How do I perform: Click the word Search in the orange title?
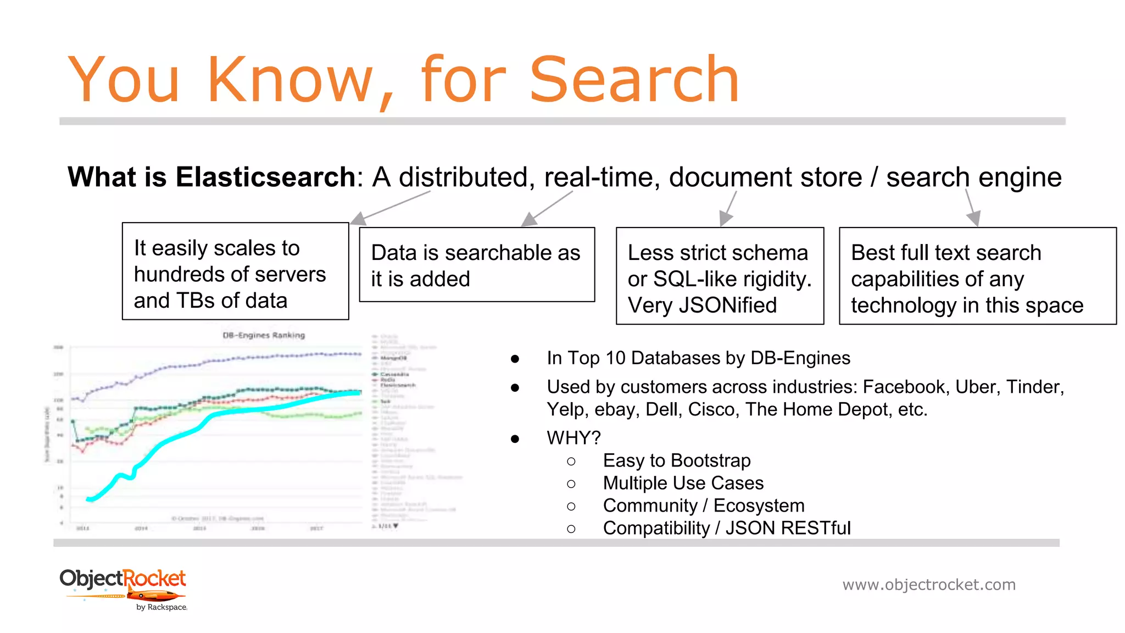634,80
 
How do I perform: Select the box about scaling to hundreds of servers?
235,271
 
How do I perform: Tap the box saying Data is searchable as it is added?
476,265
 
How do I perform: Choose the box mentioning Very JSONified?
720,276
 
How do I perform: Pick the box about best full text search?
977,276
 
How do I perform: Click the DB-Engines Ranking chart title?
264,335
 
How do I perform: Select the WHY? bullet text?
573,438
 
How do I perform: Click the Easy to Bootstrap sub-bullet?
676,460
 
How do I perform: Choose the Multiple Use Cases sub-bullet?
683,483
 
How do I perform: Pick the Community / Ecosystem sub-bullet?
703,506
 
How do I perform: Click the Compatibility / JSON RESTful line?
726,528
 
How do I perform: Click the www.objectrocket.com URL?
929,585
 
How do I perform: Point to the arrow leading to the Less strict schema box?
728,209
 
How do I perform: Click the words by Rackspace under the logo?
161,607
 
